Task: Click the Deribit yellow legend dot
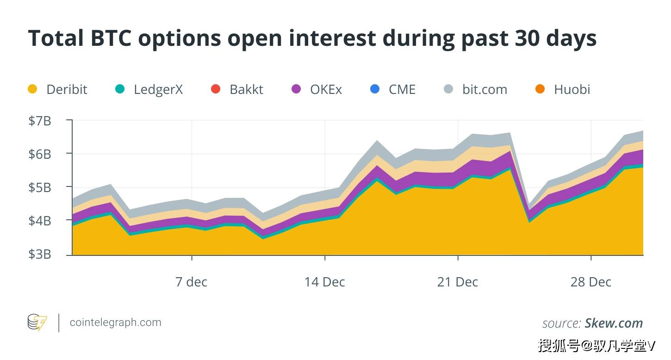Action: coord(32,89)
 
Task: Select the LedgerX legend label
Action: coord(158,89)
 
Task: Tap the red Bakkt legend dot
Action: coord(216,89)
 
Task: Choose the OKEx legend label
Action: coord(326,89)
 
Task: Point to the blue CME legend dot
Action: coord(375,89)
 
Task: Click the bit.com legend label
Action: coord(485,89)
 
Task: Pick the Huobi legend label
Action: coord(572,89)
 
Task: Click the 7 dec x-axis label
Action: coord(192,282)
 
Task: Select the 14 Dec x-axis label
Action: coord(325,282)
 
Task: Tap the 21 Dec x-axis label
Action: coord(458,282)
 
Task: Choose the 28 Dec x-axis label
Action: coord(591,282)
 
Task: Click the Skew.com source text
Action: coord(614,323)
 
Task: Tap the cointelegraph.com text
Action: coord(115,323)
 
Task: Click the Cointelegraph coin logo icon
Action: coord(37,323)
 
